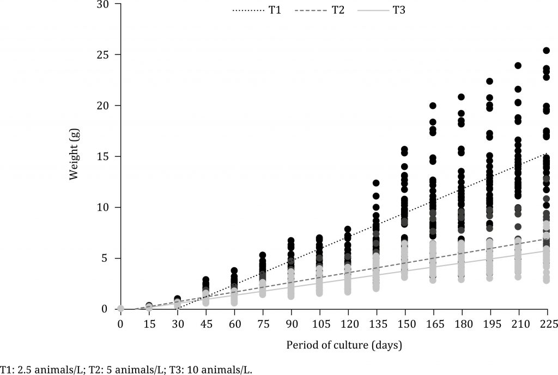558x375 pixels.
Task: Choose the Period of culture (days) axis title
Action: [x=334, y=345]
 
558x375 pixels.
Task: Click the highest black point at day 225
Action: [x=547, y=51]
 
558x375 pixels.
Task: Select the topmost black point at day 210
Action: [x=518, y=65]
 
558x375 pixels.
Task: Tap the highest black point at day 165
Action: [x=433, y=106]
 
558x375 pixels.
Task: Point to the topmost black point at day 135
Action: [x=376, y=183]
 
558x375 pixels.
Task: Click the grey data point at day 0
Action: [x=120, y=309]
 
